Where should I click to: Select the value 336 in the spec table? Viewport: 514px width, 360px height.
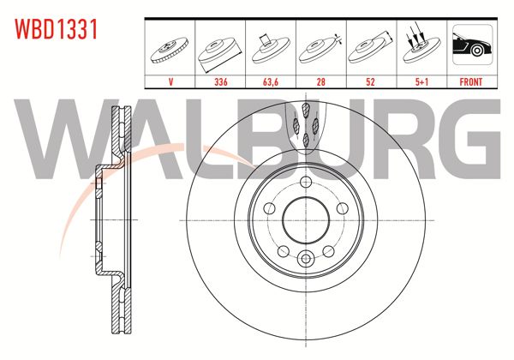point(221,82)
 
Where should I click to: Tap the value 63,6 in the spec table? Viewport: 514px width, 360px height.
point(271,82)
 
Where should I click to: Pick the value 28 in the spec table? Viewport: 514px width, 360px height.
point(320,82)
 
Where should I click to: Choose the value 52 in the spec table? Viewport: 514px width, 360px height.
point(370,82)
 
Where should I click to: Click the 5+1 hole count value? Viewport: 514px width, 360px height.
point(420,82)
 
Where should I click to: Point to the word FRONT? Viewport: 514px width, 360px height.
point(471,82)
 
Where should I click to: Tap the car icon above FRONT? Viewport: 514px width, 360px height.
point(471,47)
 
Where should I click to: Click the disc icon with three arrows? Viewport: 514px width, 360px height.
point(420,47)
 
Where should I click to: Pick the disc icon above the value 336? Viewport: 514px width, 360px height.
point(221,49)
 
